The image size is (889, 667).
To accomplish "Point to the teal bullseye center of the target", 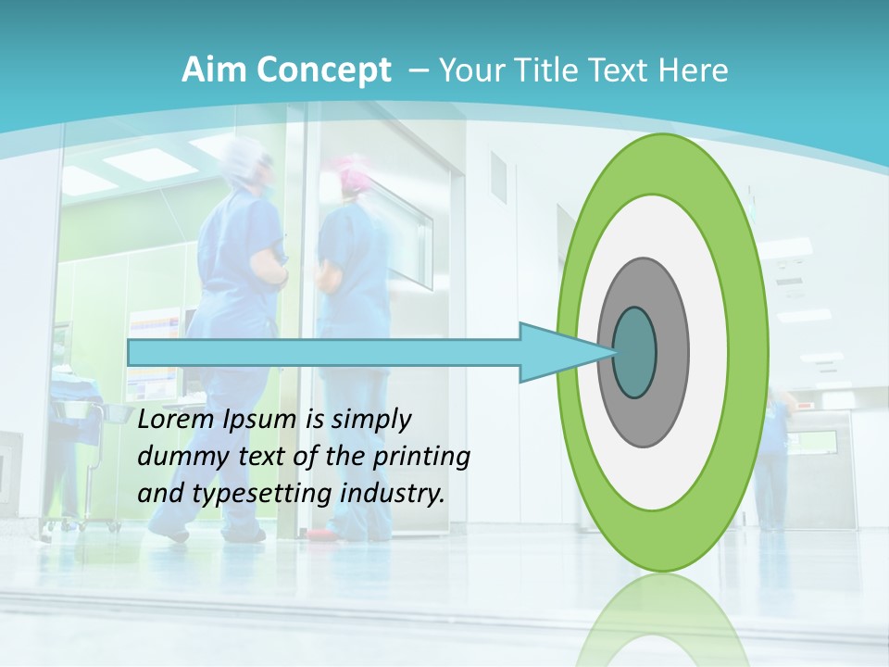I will (x=634, y=353).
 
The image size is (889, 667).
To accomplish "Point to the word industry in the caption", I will (x=394, y=494).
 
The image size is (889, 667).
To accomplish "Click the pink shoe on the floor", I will (x=320, y=535).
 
